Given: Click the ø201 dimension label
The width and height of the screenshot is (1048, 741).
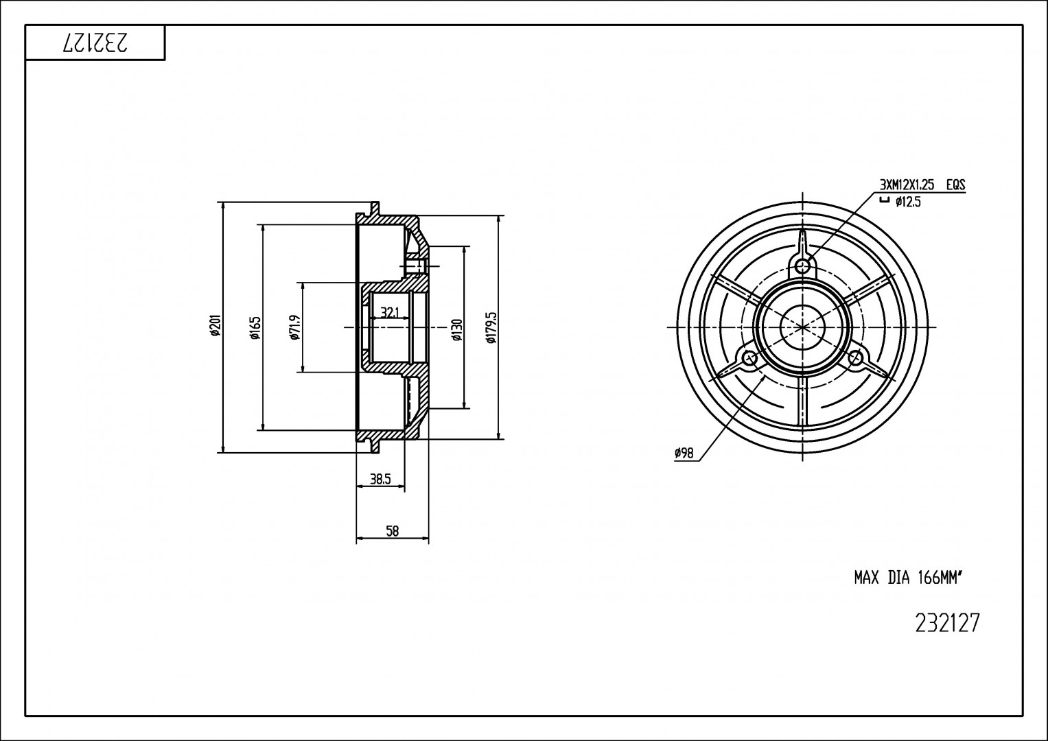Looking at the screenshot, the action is click(215, 326).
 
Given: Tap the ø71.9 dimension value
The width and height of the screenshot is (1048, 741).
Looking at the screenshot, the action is click(294, 327).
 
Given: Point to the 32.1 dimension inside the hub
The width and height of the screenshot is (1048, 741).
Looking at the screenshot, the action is click(389, 312).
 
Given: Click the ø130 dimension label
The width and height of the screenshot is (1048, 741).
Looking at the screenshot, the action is click(457, 329).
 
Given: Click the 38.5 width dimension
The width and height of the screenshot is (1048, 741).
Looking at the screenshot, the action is click(380, 479).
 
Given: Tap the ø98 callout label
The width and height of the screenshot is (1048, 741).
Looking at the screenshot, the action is click(684, 453).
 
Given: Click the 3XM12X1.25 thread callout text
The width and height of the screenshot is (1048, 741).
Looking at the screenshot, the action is click(907, 185).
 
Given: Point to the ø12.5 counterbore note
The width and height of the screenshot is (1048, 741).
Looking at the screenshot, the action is click(908, 202).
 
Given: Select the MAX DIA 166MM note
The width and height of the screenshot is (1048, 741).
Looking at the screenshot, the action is click(907, 578).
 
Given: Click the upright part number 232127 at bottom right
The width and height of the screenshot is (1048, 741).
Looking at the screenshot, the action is click(947, 623).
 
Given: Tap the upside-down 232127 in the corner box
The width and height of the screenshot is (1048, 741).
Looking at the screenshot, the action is click(96, 43).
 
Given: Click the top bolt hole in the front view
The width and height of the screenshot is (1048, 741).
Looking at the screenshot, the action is click(803, 267).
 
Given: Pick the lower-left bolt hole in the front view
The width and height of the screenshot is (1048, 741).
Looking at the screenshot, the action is click(750, 359).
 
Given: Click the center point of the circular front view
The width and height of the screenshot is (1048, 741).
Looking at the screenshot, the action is click(803, 327).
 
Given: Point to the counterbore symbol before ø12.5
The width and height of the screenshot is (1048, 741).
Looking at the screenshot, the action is click(884, 201).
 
